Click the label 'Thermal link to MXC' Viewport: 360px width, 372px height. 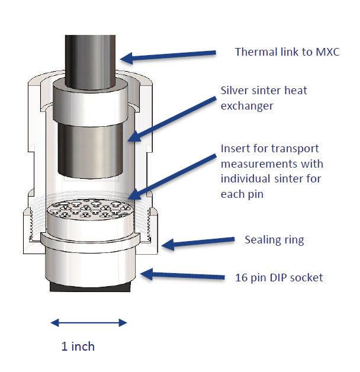(287, 52)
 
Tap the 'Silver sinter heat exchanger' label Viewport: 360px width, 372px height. (263, 98)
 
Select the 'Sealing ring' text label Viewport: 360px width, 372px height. (274, 240)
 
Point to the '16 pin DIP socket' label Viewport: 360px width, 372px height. (279, 278)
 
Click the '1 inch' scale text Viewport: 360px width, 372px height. (78, 347)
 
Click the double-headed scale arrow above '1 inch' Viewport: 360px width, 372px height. (89, 323)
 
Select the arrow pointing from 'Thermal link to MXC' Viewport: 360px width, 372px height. (168, 56)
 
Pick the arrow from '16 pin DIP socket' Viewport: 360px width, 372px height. (182, 275)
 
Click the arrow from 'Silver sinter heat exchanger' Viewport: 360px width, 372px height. (172, 119)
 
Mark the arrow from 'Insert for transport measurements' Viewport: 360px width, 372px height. (172, 177)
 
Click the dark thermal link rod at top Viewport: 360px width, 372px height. (90, 62)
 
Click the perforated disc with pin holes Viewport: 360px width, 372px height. (89, 209)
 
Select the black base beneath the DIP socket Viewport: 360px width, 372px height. (90, 287)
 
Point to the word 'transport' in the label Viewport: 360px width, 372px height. (295, 149)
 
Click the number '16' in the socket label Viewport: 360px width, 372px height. (241, 278)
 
